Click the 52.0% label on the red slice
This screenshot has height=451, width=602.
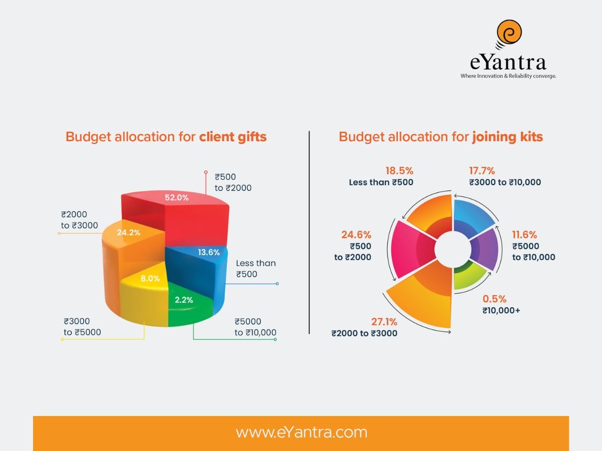pos(177,197)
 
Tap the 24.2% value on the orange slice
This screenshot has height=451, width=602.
pos(128,233)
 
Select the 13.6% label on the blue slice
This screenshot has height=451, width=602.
pos(209,253)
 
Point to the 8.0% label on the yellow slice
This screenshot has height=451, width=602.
pos(150,279)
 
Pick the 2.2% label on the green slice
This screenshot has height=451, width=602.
pos(184,300)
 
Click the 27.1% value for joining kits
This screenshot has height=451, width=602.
pos(384,321)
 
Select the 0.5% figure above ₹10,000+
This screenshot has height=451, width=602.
pos(494,299)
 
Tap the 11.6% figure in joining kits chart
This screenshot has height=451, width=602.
pos(524,235)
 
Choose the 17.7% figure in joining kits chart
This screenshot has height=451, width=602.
pos(483,170)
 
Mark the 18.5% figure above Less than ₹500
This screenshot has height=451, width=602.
pos(399,170)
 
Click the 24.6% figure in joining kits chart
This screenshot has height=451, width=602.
pos(356,235)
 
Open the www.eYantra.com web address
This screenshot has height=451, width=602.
pos(301,432)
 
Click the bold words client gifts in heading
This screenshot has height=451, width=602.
pos(233,137)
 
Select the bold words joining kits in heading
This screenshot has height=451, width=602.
pos(507,137)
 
